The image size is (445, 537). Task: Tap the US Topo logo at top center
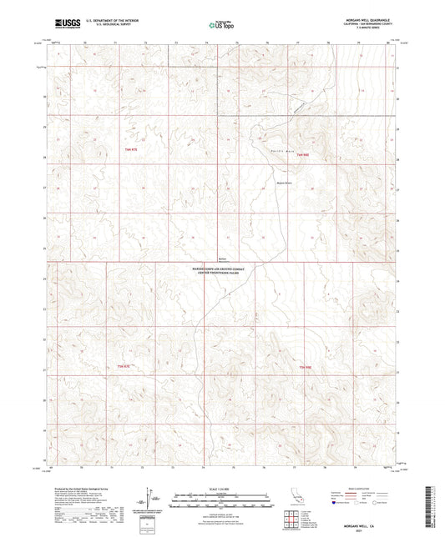tap(221, 26)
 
